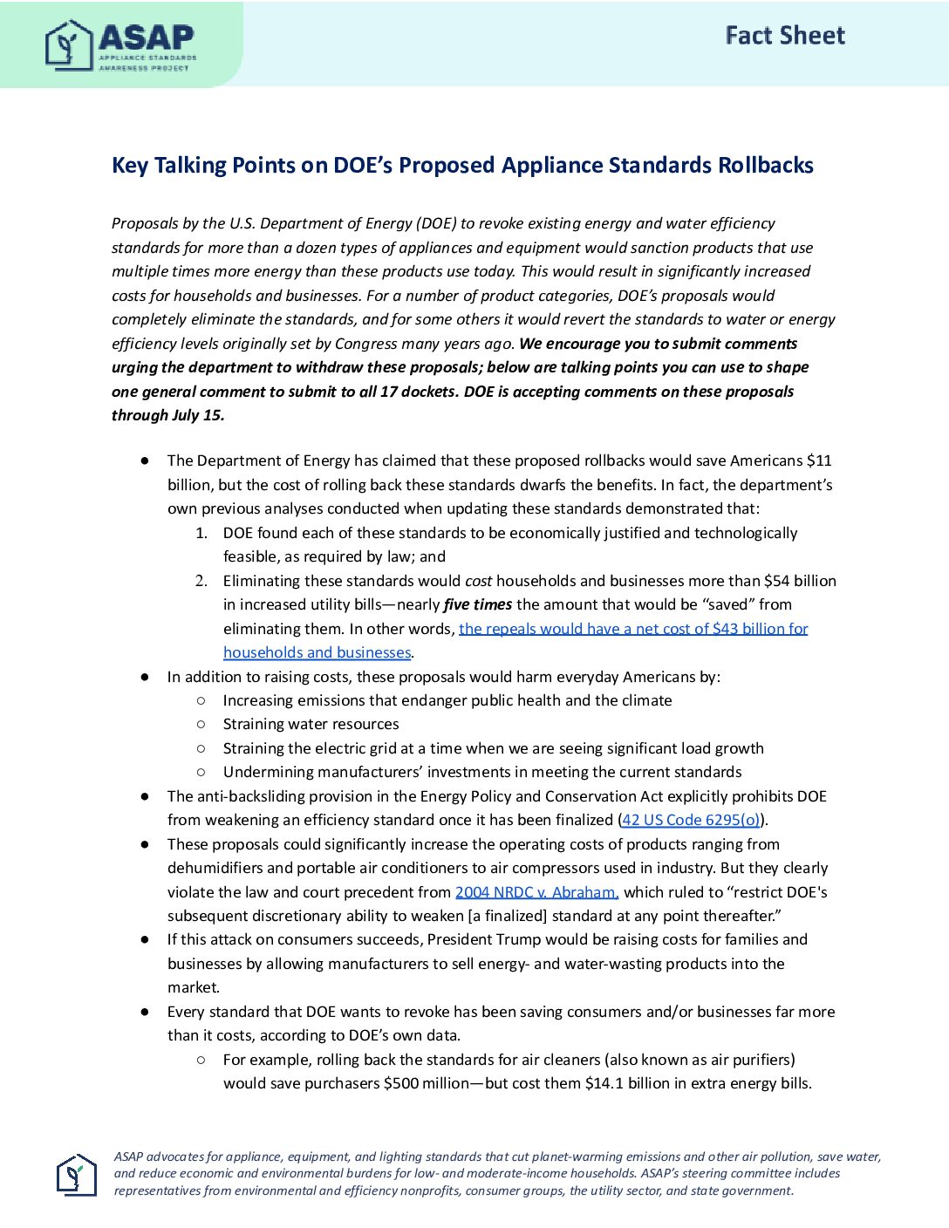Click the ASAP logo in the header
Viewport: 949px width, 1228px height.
click(x=120, y=45)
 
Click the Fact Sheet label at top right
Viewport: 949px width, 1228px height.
click(x=785, y=36)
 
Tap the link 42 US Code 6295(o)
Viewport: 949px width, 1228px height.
click(x=691, y=820)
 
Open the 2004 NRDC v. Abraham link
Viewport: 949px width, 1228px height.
click(x=536, y=892)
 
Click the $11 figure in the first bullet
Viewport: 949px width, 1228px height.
click(x=819, y=460)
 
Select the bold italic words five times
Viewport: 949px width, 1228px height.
click(x=477, y=604)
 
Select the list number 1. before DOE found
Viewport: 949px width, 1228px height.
click(x=201, y=533)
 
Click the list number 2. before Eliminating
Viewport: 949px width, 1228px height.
click(x=201, y=581)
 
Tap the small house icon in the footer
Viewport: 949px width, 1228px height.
click(x=76, y=1175)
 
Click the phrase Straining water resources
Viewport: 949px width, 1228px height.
click(x=311, y=724)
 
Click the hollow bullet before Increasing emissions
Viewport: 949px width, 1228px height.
click(x=201, y=700)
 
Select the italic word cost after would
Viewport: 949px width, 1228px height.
click(x=479, y=581)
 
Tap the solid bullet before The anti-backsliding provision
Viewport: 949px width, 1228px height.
click(x=145, y=796)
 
